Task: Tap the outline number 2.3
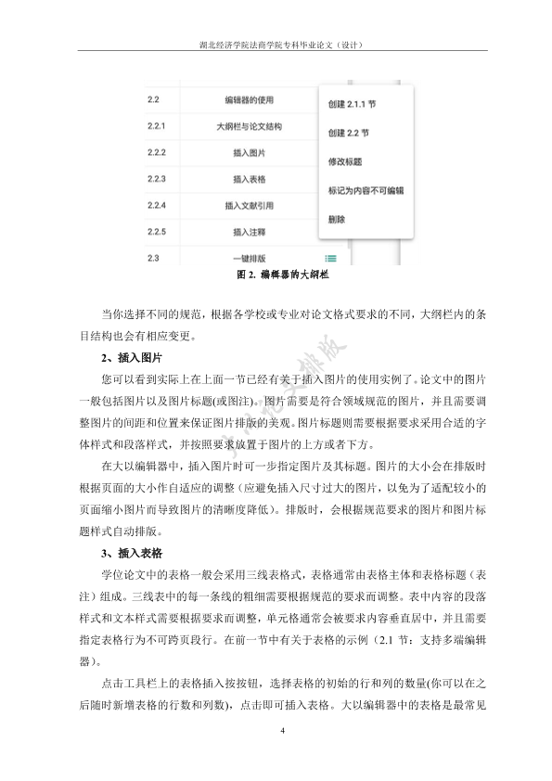tap(153, 257)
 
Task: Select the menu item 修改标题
tap(343, 161)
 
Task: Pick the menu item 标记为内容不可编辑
tap(366, 190)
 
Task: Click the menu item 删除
tap(337, 220)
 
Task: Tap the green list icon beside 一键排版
tap(331, 259)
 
